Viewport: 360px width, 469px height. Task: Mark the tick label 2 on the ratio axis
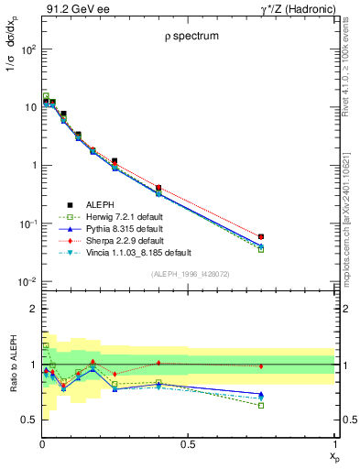click(x=32, y=310)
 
